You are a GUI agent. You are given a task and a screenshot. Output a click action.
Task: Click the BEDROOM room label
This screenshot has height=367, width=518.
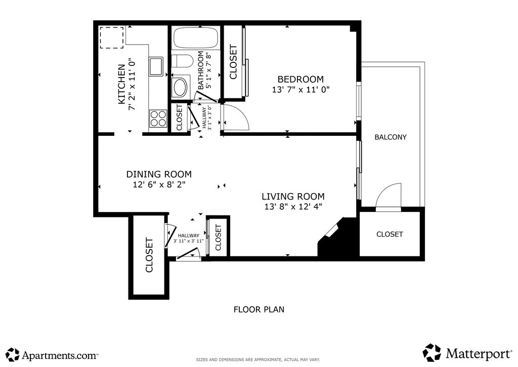[300, 80]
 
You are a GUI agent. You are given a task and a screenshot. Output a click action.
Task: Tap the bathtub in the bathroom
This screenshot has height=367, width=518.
[196, 38]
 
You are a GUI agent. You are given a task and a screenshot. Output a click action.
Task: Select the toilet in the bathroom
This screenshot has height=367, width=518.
[182, 61]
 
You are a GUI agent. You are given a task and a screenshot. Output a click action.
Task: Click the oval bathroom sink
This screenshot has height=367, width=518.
[180, 87]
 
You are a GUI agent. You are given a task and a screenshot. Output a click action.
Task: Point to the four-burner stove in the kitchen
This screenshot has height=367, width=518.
[158, 119]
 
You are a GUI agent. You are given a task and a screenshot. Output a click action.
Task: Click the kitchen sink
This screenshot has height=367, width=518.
[156, 66]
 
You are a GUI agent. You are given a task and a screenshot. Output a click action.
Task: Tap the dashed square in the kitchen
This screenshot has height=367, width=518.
[112, 38]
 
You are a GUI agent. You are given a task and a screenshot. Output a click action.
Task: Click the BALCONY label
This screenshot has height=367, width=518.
[391, 137]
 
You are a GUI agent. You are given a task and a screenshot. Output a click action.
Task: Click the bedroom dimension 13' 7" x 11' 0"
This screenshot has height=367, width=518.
[300, 90]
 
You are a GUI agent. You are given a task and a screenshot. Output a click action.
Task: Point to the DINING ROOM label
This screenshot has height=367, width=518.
[159, 174]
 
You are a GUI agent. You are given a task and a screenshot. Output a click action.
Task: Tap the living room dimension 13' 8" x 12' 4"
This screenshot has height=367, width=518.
[293, 207]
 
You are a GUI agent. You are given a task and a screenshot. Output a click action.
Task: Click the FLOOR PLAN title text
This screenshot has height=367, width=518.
[259, 309]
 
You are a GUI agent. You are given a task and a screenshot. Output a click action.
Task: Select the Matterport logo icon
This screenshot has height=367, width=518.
[432, 353]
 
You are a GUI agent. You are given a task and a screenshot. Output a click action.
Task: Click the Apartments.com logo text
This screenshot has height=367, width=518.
[60, 356]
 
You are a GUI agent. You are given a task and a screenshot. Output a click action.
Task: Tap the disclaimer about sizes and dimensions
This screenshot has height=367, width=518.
[258, 359]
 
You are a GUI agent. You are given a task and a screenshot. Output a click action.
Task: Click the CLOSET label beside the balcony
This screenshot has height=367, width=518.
[390, 234]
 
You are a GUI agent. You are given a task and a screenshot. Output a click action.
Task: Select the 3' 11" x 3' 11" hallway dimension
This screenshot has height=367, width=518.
[188, 241]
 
